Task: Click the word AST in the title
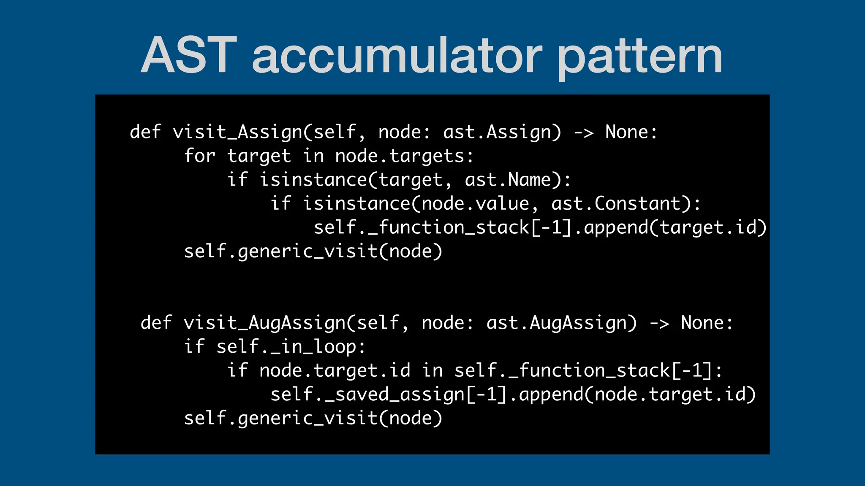[x=189, y=55]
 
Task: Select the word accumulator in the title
[x=397, y=55]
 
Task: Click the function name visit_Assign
[x=237, y=132]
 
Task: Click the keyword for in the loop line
[x=200, y=156]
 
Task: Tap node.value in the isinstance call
[x=475, y=204]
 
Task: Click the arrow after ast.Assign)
[x=583, y=132]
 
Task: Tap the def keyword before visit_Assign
[x=146, y=132]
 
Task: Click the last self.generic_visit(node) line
[x=313, y=418]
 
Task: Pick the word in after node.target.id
[x=432, y=370]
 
